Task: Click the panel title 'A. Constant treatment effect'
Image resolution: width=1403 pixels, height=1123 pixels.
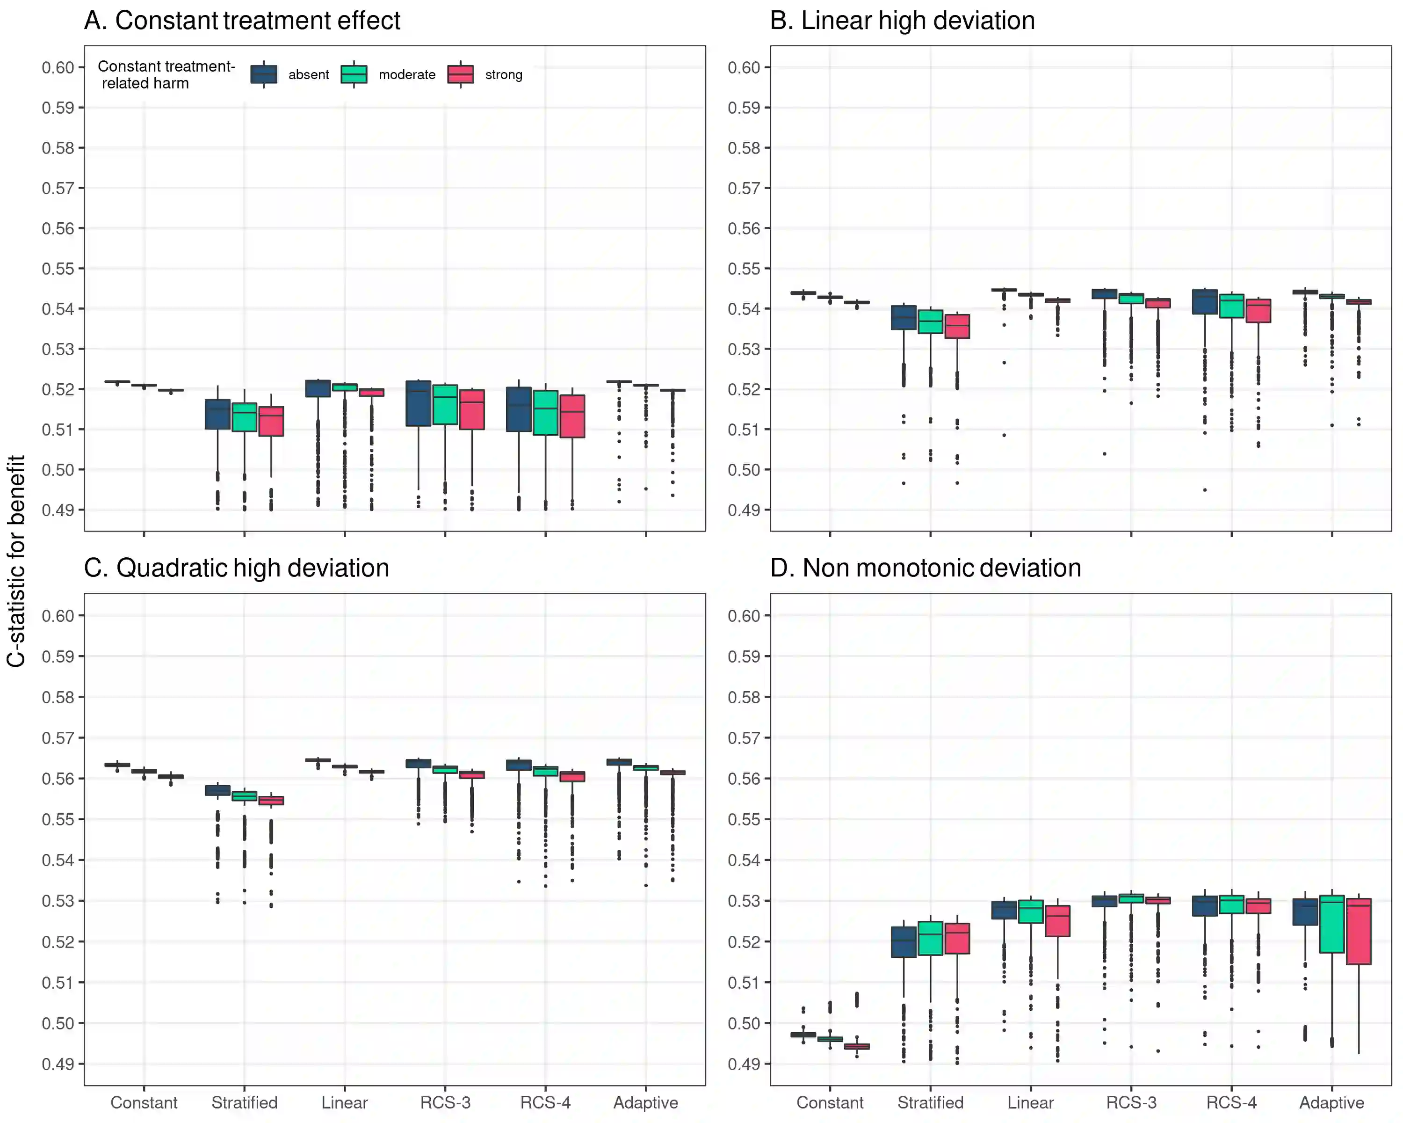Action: [242, 21]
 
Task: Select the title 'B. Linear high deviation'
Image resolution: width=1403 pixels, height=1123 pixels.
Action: [902, 21]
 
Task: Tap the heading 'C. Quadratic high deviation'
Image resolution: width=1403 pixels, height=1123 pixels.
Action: [236, 569]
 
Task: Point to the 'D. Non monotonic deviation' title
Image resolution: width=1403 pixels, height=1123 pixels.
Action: [926, 569]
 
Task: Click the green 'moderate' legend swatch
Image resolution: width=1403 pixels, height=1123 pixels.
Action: [354, 74]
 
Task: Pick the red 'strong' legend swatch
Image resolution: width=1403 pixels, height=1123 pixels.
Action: [461, 74]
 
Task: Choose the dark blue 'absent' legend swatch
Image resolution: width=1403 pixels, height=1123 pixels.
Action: [264, 74]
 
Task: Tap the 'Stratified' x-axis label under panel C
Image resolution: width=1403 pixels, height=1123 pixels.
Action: [244, 1102]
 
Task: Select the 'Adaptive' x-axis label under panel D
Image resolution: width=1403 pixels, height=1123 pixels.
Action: [1331, 1102]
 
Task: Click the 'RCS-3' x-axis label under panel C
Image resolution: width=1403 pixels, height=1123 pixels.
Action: [445, 1102]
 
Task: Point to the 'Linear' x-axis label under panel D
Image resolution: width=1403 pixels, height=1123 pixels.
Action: [1030, 1102]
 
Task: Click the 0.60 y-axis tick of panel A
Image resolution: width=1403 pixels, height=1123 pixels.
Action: [58, 68]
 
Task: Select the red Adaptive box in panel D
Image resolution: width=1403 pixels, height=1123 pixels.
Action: [1359, 931]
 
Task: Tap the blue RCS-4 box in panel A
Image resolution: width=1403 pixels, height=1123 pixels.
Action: [519, 409]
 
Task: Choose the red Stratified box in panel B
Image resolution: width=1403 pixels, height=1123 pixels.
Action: [957, 326]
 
